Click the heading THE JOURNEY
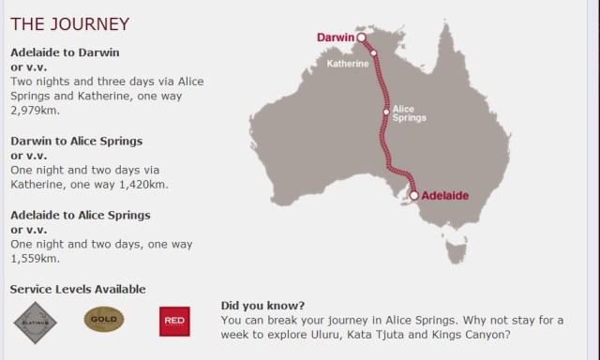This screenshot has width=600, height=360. pyautogui.click(x=69, y=23)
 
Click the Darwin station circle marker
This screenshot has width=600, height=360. pyautogui.click(x=361, y=38)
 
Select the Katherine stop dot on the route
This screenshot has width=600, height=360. pyautogui.click(x=373, y=52)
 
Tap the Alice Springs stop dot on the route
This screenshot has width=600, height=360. pyautogui.click(x=384, y=112)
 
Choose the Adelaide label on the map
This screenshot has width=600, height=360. pyautogui.click(x=444, y=196)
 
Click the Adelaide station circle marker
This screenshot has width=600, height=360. pyautogui.click(x=413, y=196)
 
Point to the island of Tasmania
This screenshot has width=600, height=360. pyautogui.click(x=457, y=250)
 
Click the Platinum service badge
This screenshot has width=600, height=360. pyautogui.click(x=36, y=322)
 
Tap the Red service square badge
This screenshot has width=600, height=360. pyautogui.click(x=174, y=321)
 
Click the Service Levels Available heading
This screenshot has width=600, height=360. pyautogui.click(x=78, y=289)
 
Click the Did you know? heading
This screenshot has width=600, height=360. pyautogui.click(x=262, y=306)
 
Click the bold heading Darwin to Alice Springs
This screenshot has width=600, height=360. pyautogui.click(x=76, y=141)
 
